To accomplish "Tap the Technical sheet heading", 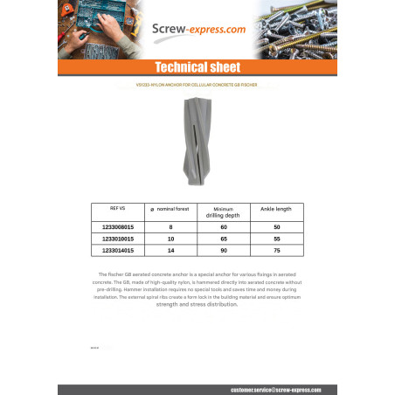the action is click(x=197, y=68).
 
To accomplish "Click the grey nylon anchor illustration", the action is click(x=197, y=142).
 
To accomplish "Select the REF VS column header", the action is click(x=117, y=209).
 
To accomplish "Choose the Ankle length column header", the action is click(x=275, y=210).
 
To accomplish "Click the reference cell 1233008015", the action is click(x=118, y=226).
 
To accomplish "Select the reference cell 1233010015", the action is click(x=118, y=238).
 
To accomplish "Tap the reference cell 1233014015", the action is click(x=118, y=250).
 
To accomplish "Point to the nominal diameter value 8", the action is click(x=170, y=226).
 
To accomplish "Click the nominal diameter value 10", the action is click(x=170, y=238).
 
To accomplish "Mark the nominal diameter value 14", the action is click(x=170, y=250).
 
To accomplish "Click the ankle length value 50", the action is click(x=275, y=226).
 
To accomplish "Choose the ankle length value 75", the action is click(x=275, y=250).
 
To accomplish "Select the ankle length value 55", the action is click(x=275, y=238).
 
